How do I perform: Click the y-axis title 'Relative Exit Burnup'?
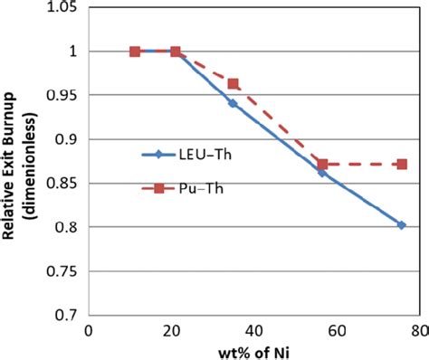17,163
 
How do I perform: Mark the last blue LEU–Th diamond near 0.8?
401,225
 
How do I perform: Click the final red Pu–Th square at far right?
401,164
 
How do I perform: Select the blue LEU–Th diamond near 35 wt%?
233,103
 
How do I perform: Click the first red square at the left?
135,52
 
